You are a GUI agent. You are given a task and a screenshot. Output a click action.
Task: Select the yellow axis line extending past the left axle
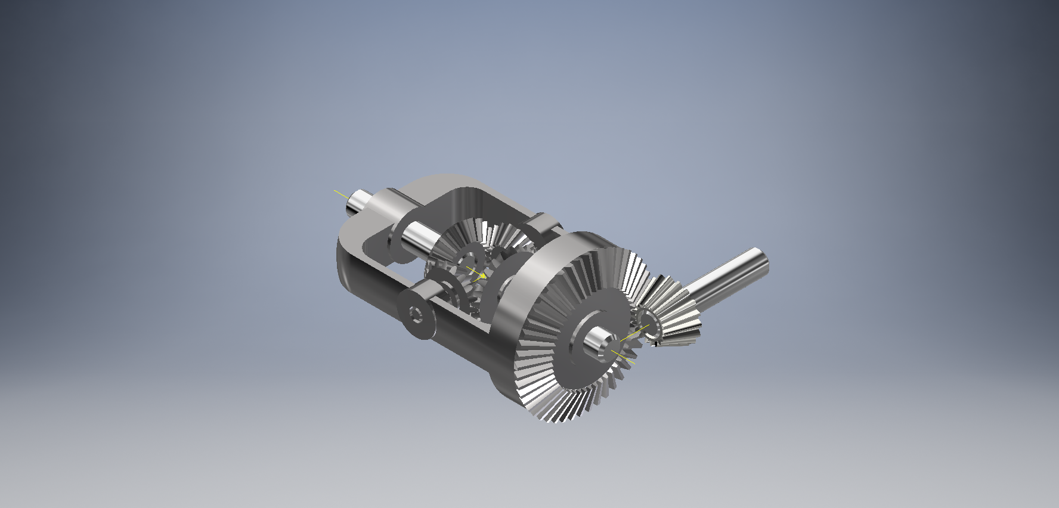coord(340,193)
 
